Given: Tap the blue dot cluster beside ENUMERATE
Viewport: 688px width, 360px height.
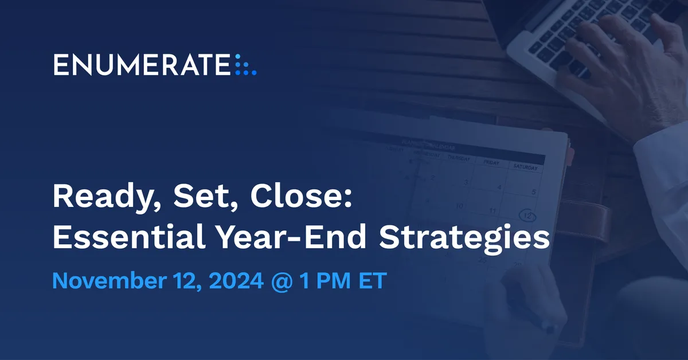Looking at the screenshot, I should click(x=246, y=65).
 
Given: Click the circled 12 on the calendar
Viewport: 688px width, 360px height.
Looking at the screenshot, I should click(x=527, y=216).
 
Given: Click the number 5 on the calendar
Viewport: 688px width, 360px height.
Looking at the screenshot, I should click(x=534, y=192).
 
